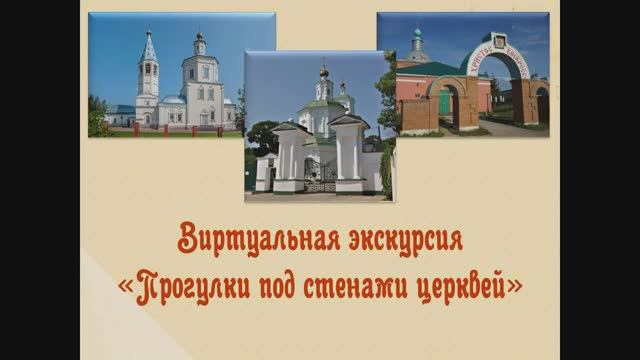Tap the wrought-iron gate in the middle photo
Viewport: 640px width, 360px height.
click(320, 176)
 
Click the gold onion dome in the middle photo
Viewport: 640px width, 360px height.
click(323, 73)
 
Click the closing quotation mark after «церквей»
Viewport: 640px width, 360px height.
click(516, 284)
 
